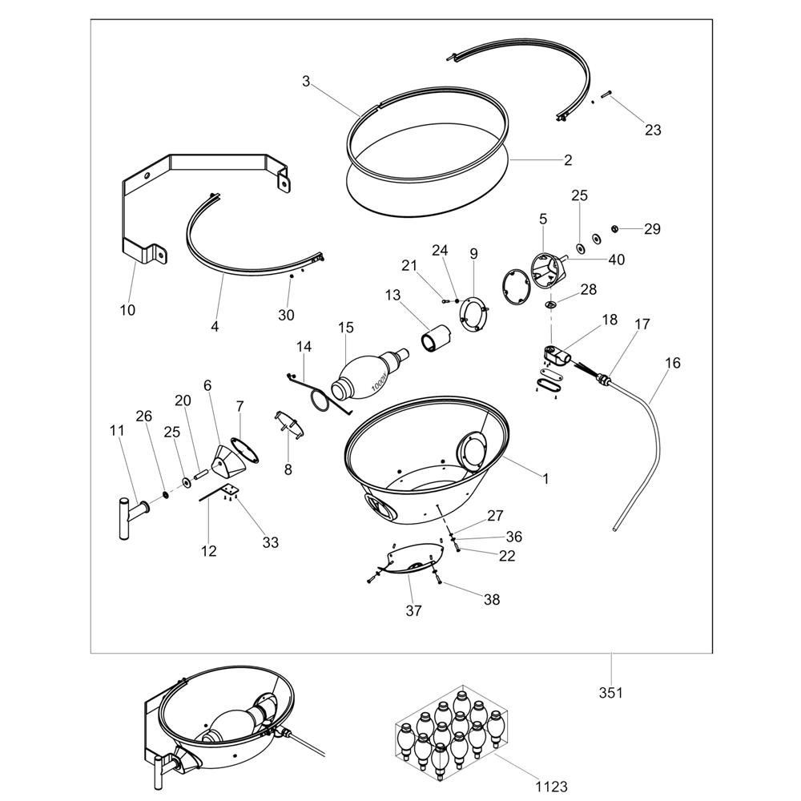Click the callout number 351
point(611,693)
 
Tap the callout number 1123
point(552,787)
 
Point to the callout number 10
point(127,309)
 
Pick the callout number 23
point(653,131)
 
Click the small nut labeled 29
point(615,228)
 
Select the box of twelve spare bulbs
point(451,728)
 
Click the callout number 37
point(414,610)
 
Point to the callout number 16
point(674,363)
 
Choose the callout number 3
point(306,81)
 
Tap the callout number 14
point(304,346)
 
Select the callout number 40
point(617,260)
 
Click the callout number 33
point(271,542)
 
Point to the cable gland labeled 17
point(603,378)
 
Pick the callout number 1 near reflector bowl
point(545,479)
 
